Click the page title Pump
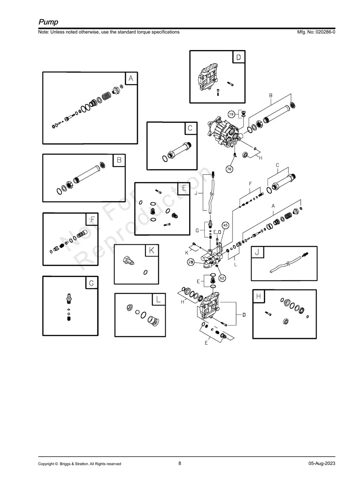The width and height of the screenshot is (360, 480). pos(48,21)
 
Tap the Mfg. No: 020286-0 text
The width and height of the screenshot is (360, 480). pos(314,32)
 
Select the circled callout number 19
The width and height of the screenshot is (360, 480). pos(231,114)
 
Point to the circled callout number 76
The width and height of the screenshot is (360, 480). pos(229,169)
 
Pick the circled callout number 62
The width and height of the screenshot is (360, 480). pos(222,278)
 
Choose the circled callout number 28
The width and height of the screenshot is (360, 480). pos(191,262)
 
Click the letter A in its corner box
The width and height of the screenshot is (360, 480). pos(131,79)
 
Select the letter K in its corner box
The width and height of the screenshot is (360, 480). pos(151,251)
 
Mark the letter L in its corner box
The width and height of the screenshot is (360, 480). pos(158,300)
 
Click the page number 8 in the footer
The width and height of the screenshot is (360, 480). pos(180,463)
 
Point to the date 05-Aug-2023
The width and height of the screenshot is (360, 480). pos(321,464)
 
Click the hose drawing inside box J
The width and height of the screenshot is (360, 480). pos(287,264)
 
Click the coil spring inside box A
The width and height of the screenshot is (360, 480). pos(106,96)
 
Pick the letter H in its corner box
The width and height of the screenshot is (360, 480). pos(259,296)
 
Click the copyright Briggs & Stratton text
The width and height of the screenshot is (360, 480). pos(79,464)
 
